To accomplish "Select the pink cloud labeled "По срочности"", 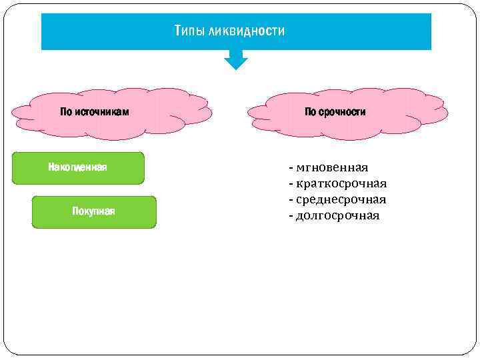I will coord(347,113).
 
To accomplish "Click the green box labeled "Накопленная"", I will coord(78,168).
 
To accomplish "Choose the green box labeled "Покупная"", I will coord(94,212).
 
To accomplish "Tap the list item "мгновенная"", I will coord(332,167).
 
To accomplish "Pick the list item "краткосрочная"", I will coord(341,183).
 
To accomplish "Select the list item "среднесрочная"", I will coord(341,199).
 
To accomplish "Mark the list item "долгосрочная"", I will coord(337,215).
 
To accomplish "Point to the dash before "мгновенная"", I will coord(291,167).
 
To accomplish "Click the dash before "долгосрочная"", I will coord(291,215).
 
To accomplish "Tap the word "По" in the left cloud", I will coord(66,112).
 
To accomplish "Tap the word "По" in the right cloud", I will coord(311,112).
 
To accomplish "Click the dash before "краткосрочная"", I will coord(291,183).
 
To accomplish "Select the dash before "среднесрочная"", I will coord(291,199).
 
